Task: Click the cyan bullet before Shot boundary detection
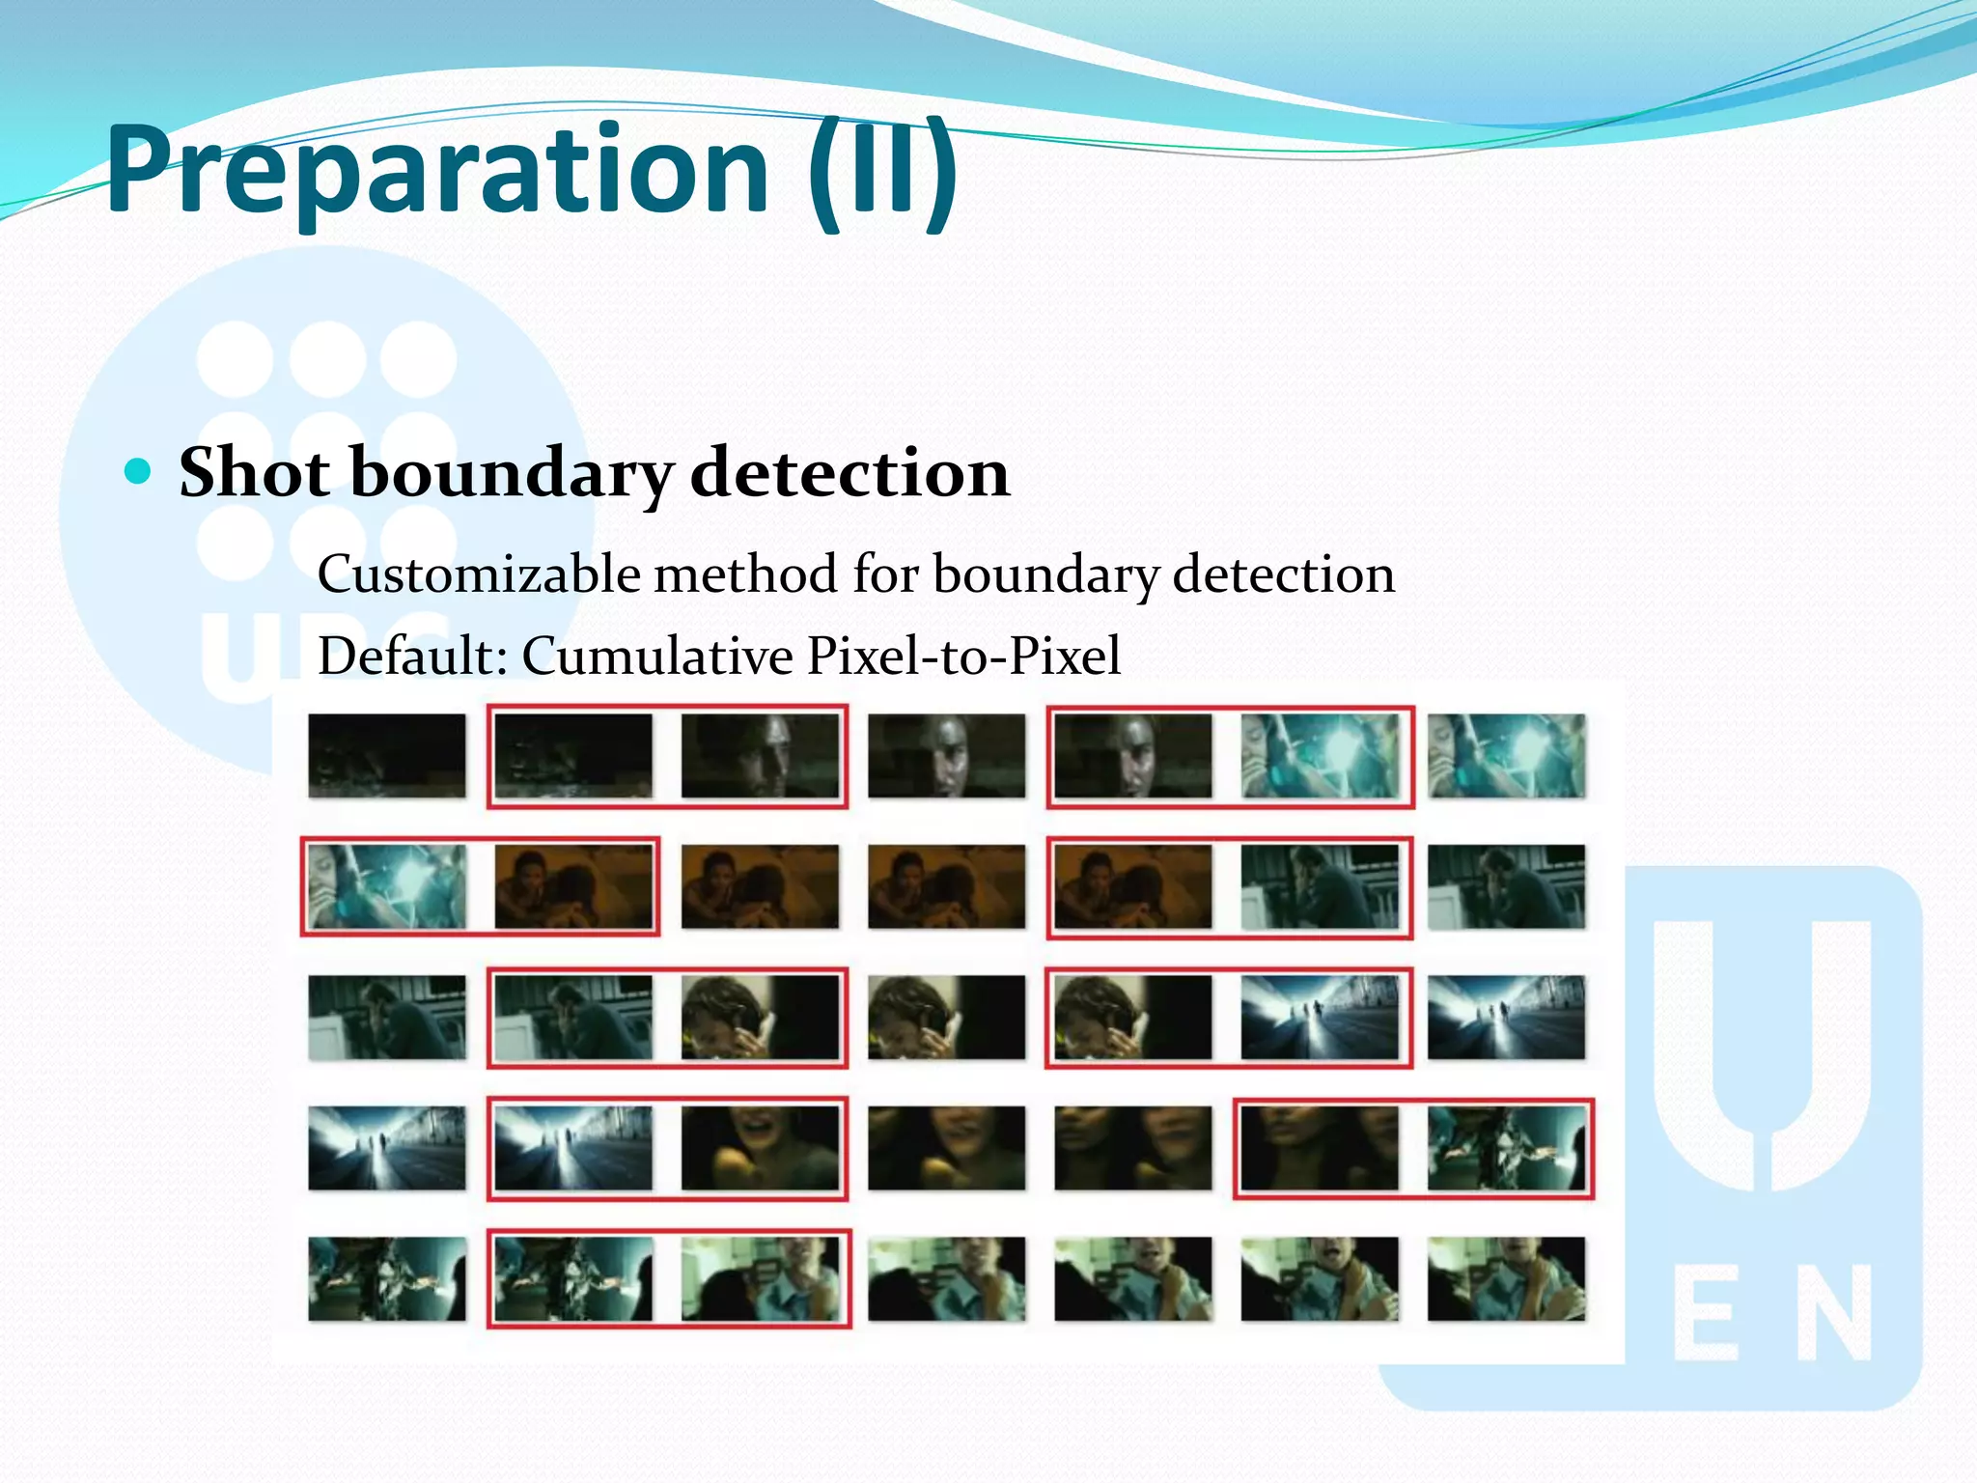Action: (x=139, y=472)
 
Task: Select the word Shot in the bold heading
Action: (x=255, y=473)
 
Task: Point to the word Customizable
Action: (x=479, y=575)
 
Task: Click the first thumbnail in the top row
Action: (x=386, y=756)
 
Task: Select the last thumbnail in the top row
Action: (x=1506, y=756)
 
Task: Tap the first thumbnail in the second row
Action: (x=386, y=886)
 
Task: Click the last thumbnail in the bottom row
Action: (x=1506, y=1278)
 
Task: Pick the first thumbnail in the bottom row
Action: (x=386, y=1278)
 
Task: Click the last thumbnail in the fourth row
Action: (x=1506, y=1148)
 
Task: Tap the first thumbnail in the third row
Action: (x=386, y=1018)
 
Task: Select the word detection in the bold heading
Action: (x=849, y=473)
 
